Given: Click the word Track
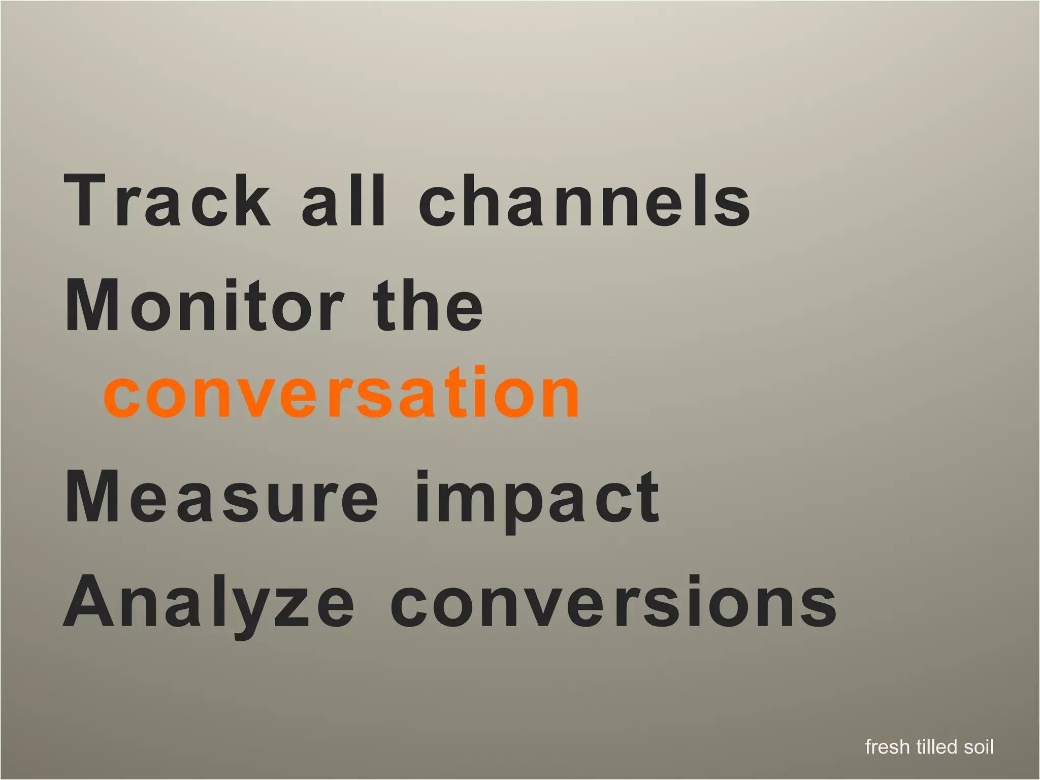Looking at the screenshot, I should tap(168, 200).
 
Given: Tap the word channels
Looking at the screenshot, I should tap(584, 200).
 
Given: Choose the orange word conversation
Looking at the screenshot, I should tap(341, 394).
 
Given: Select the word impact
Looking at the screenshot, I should tap(537, 500).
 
